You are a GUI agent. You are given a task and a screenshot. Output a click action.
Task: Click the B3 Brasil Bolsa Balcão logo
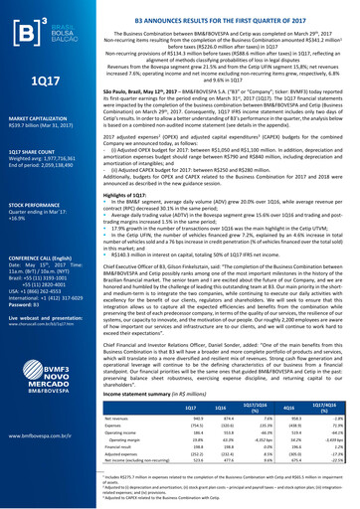click(40, 26)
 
